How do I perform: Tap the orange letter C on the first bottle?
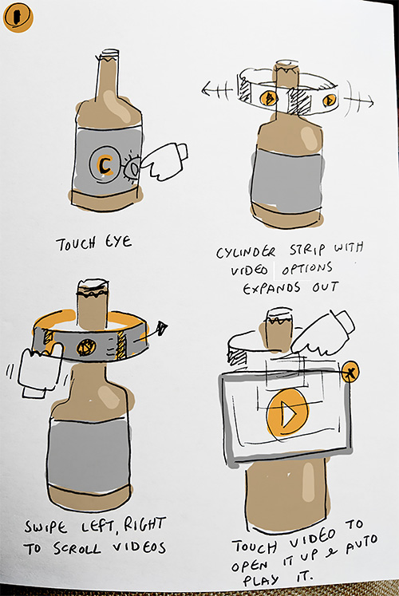pos(103,164)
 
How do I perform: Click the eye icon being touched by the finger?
pos(132,167)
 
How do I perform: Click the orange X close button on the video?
pos(351,371)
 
